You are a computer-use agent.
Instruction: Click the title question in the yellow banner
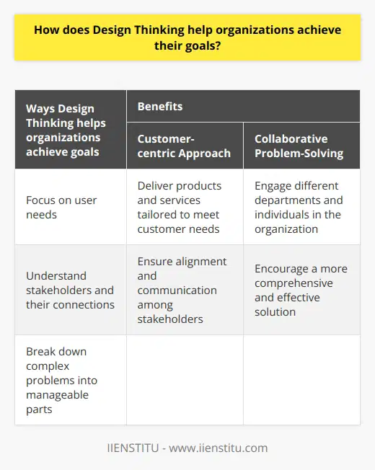point(187,37)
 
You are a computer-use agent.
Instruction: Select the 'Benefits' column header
point(159,106)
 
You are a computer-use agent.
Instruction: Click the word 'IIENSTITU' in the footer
point(134,448)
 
